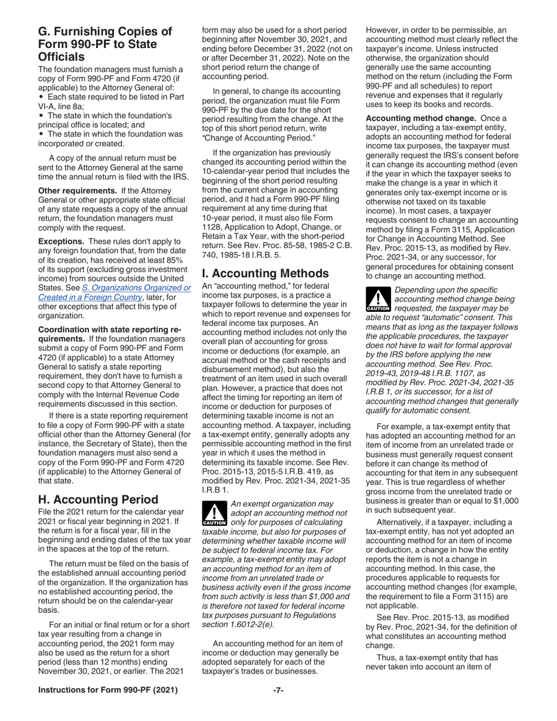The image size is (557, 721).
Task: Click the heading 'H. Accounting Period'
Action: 99,499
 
